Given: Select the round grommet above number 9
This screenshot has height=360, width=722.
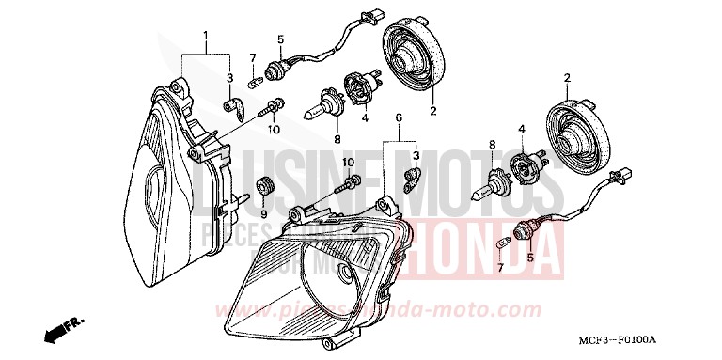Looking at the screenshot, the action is (x=264, y=186).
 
